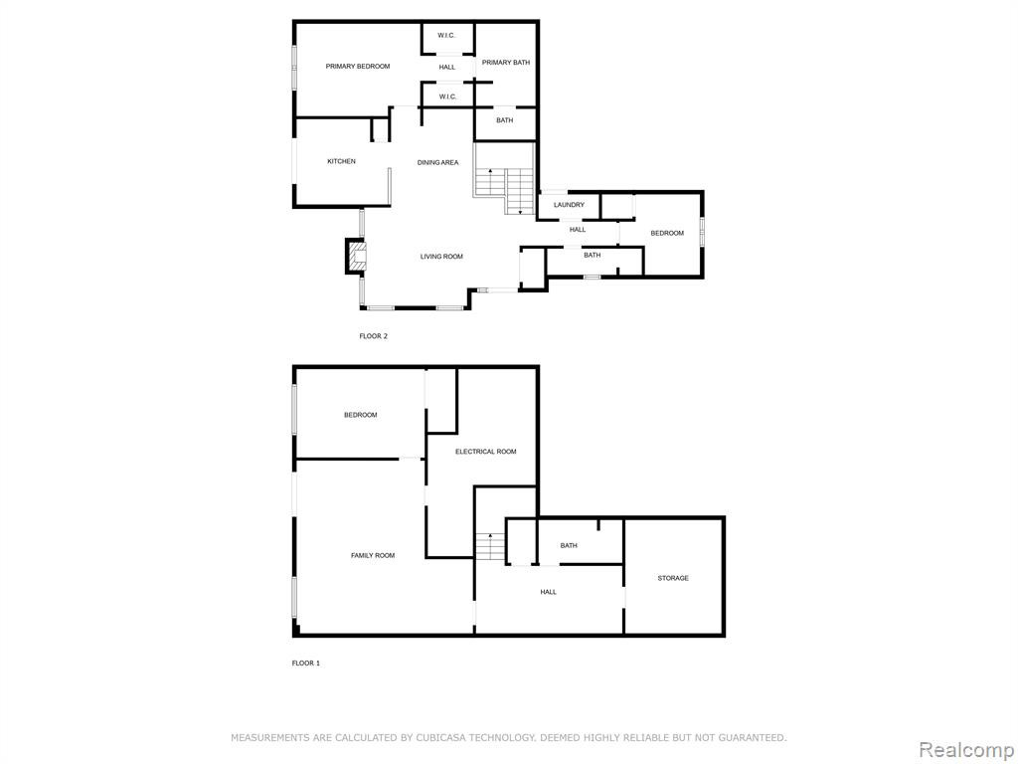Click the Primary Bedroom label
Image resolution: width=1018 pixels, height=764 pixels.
(x=358, y=67)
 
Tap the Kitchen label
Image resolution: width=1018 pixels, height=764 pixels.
(x=341, y=161)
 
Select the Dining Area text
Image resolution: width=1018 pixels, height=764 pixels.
(x=437, y=162)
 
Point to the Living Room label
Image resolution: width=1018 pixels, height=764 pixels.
(x=441, y=257)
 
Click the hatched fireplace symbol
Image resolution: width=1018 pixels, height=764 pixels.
(x=356, y=256)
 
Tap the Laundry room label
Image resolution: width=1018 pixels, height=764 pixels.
(x=569, y=205)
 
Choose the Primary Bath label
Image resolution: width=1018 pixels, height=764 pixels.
(x=506, y=63)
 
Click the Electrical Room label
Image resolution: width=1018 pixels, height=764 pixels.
(x=485, y=452)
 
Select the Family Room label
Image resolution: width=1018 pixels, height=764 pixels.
(x=373, y=555)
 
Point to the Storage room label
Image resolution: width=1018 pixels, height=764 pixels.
(x=673, y=578)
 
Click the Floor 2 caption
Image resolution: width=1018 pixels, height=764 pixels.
(x=374, y=336)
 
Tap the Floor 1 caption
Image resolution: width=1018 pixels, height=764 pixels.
(x=306, y=664)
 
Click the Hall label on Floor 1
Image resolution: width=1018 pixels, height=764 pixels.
(x=548, y=592)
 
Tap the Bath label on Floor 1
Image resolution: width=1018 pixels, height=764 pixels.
(x=569, y=546)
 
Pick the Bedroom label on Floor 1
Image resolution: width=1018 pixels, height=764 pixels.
(x=360, y=415)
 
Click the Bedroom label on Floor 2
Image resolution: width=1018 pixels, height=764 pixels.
(x=667, y=233)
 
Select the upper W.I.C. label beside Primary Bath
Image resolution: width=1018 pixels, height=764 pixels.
(x=446, y=35)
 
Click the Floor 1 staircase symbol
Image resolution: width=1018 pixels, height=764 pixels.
(x=490, y=546)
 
